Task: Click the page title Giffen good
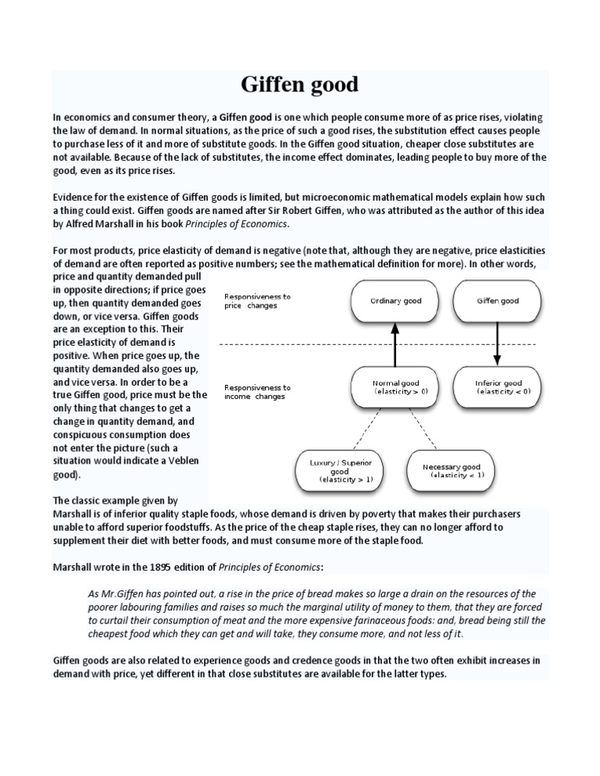(x=300, y=84)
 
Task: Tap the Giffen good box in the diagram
(x=498, y=301)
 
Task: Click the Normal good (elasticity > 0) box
(x=395, y=387)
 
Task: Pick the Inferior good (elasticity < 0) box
(x=498, y=387)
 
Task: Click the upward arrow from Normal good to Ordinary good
(x=395, y=344)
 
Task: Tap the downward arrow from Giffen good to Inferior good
(x=498, y=344)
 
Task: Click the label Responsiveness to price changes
(x=257, y=301)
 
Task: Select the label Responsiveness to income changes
(x=257, y=392)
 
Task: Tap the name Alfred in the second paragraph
(x=80, y=224)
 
